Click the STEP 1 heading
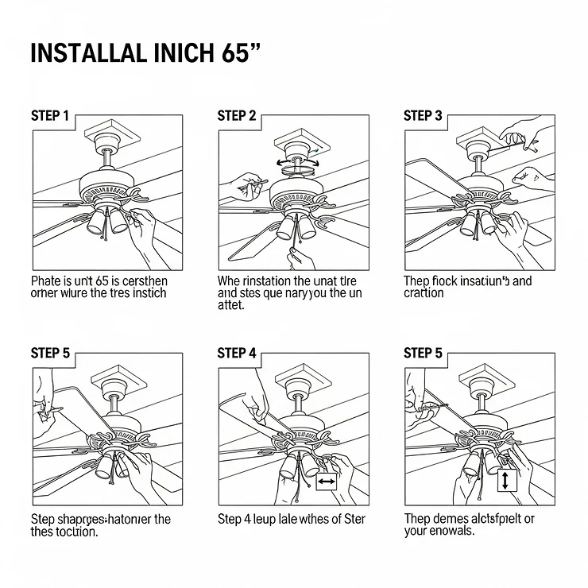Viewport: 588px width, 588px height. coord(50,116)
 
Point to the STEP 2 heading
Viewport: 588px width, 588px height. coord(237,116)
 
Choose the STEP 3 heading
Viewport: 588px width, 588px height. coord(423,116)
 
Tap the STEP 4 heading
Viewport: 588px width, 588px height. coord(237,353)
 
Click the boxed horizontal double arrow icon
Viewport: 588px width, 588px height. coord(327,482)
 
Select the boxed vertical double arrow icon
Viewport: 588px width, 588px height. coord(507,481)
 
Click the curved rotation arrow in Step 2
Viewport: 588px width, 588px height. coord(296,162)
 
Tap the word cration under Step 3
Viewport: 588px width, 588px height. coord(424,293)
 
